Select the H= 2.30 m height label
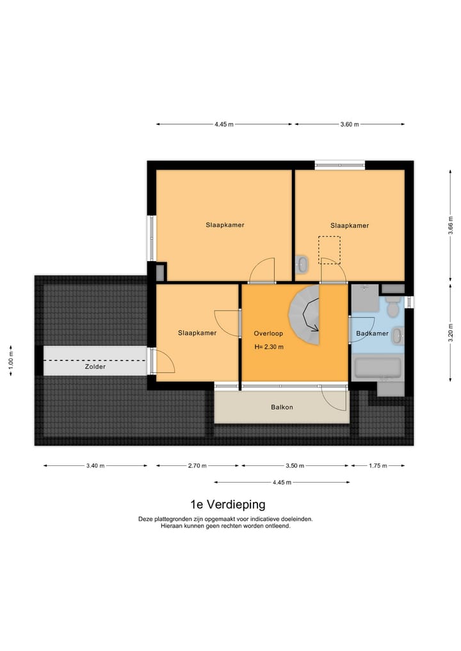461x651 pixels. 268,347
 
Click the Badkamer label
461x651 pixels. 372,334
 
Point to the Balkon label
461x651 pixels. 282,407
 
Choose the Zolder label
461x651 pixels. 95,367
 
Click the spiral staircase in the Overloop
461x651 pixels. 306,314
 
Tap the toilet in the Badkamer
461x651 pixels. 393,309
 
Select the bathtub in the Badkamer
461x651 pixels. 377,369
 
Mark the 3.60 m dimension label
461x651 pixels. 349,124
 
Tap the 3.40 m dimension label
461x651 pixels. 95,466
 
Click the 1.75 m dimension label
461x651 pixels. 377,466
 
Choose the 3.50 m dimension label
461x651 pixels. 295,466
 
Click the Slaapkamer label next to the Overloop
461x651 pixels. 197,333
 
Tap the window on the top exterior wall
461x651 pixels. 339,165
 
